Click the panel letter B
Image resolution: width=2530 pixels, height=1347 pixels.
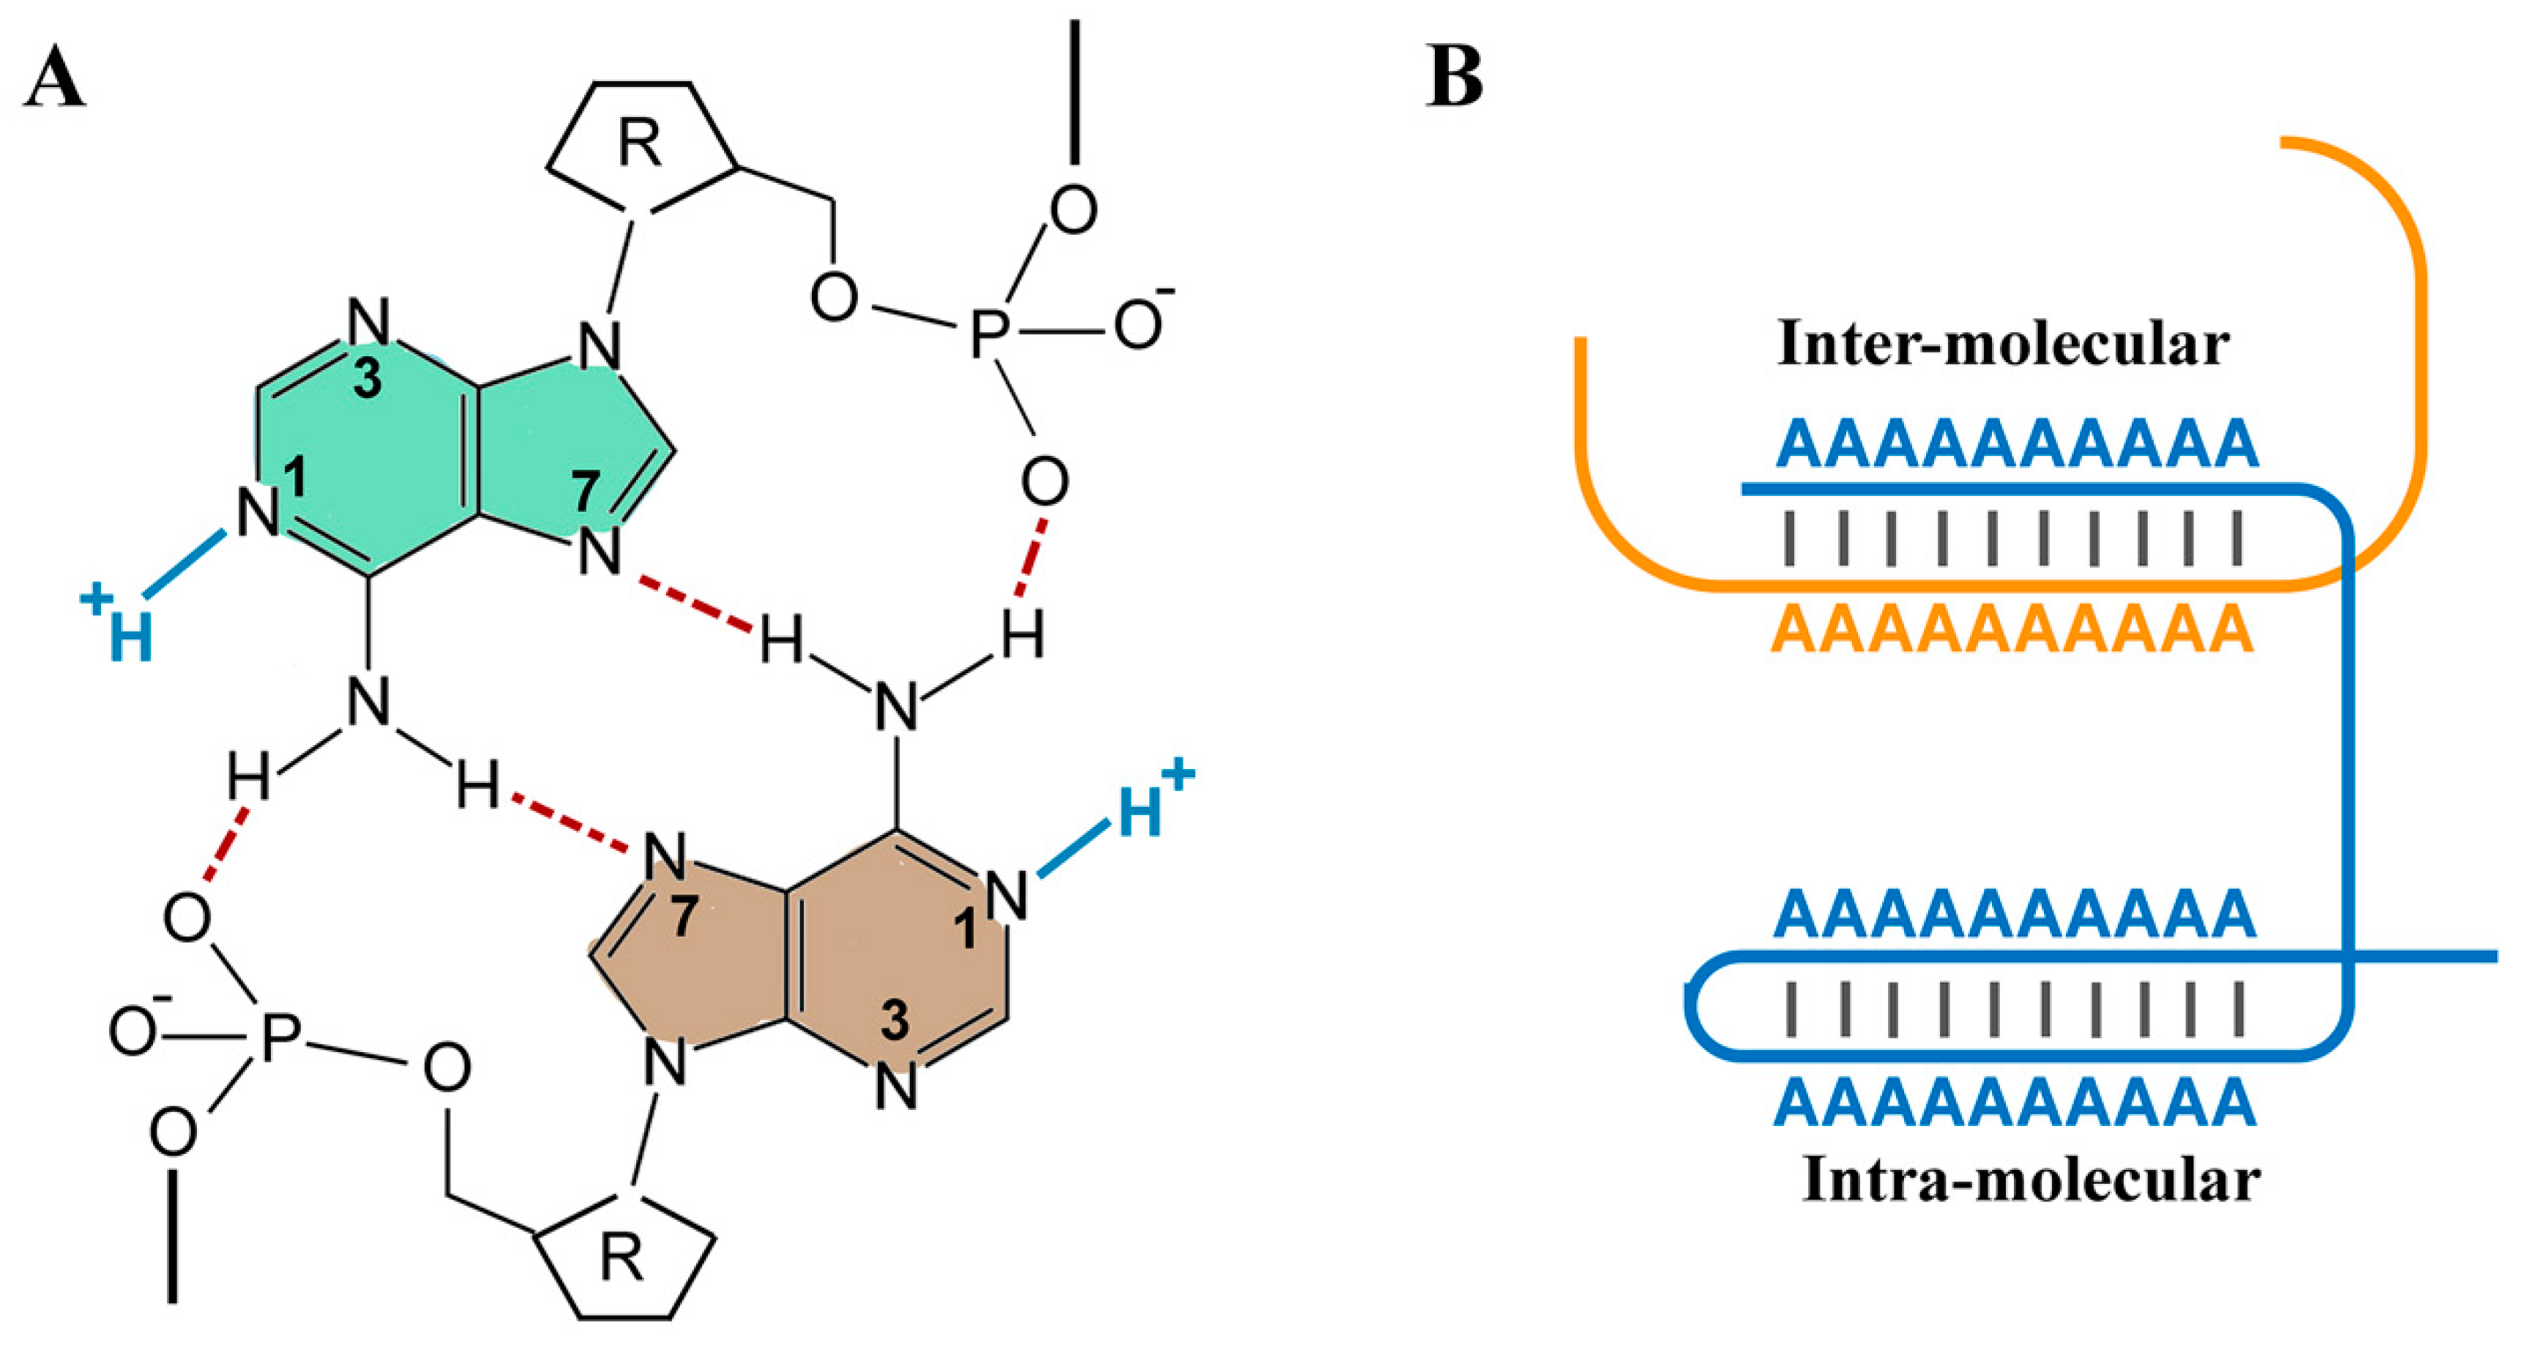1454,78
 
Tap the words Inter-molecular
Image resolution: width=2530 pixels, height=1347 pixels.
2003,345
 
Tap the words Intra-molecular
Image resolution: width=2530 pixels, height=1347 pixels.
2031,1180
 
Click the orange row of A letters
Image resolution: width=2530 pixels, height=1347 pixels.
2012,629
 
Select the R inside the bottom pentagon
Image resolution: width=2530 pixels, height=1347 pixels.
621,1258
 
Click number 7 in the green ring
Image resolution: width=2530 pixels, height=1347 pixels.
586,491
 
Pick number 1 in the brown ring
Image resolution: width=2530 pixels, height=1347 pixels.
967,928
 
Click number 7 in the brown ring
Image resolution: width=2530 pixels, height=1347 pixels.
684,918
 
